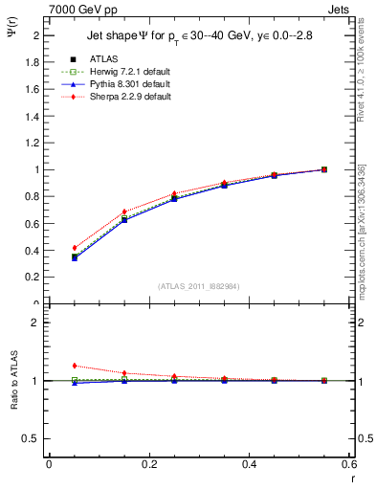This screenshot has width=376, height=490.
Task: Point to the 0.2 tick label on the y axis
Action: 32,278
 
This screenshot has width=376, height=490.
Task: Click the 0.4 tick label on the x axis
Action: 249,464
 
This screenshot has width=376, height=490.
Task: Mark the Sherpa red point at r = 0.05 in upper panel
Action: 74,248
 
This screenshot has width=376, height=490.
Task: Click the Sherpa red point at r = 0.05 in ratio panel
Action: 74,366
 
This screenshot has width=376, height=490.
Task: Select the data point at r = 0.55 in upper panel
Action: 324,169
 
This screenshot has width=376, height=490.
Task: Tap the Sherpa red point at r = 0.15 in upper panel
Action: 124,212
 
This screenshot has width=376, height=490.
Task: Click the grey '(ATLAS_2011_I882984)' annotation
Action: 200,286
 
